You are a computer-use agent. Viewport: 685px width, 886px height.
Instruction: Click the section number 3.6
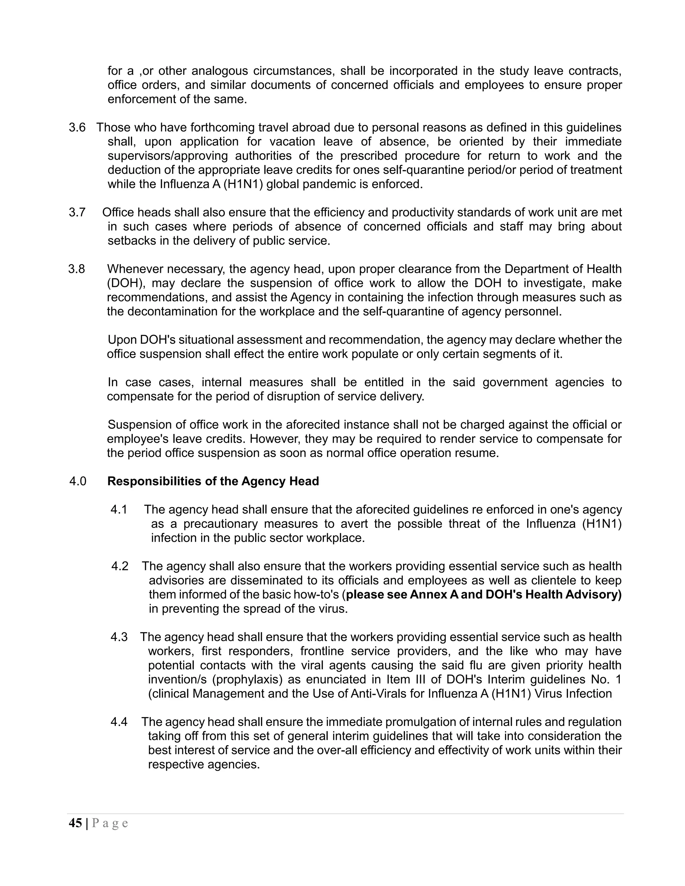click(77, 127)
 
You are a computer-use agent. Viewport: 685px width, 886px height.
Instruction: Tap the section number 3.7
click(77, 212)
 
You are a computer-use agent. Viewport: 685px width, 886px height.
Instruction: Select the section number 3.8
click(77, 269)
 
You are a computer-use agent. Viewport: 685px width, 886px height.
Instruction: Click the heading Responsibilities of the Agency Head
click(213, 481)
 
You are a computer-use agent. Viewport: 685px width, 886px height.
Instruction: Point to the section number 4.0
click(78, 481)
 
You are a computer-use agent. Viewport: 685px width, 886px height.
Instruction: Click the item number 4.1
click(119, 510)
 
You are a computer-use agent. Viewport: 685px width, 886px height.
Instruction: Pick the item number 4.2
click(120, 566)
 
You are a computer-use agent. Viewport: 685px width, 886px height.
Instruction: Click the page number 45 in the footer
click(76, 823)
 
